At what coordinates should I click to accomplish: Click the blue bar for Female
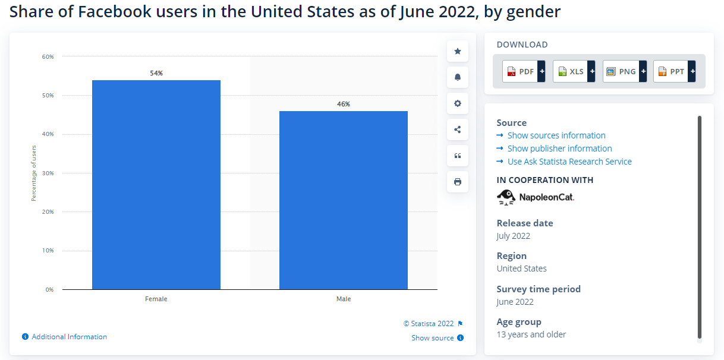pyautogui.click(x=156, y=185)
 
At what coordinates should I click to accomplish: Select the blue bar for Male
pyautogui.click(x=343, y=200)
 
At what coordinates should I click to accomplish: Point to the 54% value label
pyautogui.click(x=156, y=73)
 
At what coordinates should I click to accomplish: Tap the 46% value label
pyautogui.click(x=343, y=104)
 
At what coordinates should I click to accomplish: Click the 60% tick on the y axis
pyautogui.click(x=48, y=57)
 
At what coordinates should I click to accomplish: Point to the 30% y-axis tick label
pyautogui.click(x=48, y=173)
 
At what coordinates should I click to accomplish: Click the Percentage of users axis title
pyautogui.click(x=34, y=173)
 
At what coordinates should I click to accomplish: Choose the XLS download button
pyautogui.click(x=574, y=71)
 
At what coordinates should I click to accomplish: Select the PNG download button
pyautogui.click(x=624, y=71)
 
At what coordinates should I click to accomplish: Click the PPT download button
pyautogui.click(x=674, y=71)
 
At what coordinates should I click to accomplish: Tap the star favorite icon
pyautogui.click(x=458, y=51)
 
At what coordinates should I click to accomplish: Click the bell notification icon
pyautogui.click(x=458, y=77)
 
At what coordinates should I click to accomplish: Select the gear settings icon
pyautogui.click(x=458, y=103)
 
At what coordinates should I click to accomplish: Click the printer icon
pyautogui.click(x=458, y=182)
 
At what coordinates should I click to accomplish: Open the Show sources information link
pyautogui.click(x=556, y=135)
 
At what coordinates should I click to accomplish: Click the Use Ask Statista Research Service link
pyautogui.click(x=569, y=162)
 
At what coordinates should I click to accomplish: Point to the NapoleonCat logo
pyautogui.click(x=536, y=197)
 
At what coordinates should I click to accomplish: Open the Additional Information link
pyautogui.click(x=69, y=337)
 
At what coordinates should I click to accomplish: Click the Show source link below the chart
pyautogui.click(x=433, y=338)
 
